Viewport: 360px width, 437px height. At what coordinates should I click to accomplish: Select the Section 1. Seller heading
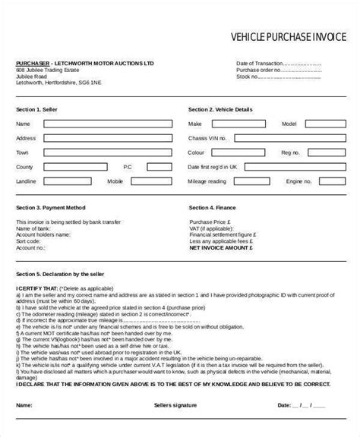click(x=38, y=109)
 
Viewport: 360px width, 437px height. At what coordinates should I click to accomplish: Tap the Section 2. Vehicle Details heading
click(x=221, y=109)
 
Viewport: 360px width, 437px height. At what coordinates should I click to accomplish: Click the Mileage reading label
click(x=207, y=182)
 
